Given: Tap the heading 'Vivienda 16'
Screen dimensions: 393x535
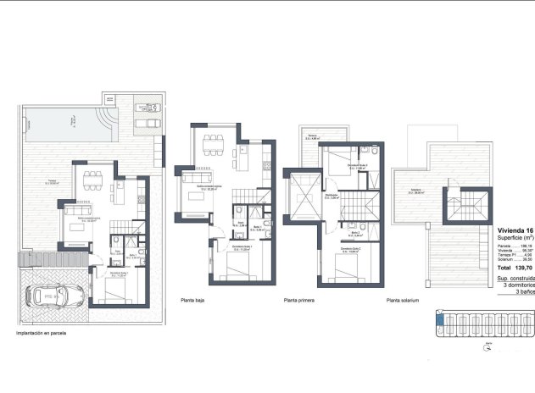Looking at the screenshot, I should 515,230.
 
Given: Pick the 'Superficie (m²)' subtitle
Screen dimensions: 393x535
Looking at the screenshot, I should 515,238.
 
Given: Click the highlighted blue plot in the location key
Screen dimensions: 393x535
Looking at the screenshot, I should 439,319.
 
